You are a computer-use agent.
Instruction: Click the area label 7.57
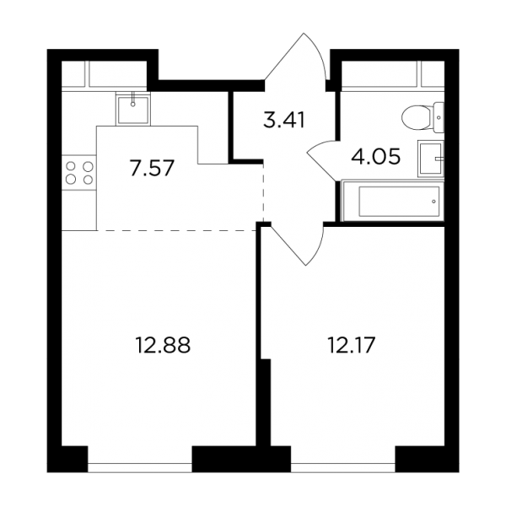click(153, 168)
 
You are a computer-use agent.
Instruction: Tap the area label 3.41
click(284, 120)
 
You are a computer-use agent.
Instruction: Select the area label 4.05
click(376, 157)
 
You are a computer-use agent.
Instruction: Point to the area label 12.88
click(164, 345)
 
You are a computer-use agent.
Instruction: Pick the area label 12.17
click(352, 345)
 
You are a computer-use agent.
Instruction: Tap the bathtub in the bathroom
click(393, 201)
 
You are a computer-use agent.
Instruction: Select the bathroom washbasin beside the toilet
click(431, 159)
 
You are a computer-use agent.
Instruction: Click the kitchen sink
click(133, 109)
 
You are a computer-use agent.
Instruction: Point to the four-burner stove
click(79, 173)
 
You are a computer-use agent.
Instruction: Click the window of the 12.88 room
click(140, 463)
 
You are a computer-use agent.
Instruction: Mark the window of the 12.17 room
click(343, 463)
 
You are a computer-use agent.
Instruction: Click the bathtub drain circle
click(433, 202)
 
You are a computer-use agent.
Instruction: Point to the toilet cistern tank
click(439, 117)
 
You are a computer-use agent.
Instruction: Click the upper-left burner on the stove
click(71, 166)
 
